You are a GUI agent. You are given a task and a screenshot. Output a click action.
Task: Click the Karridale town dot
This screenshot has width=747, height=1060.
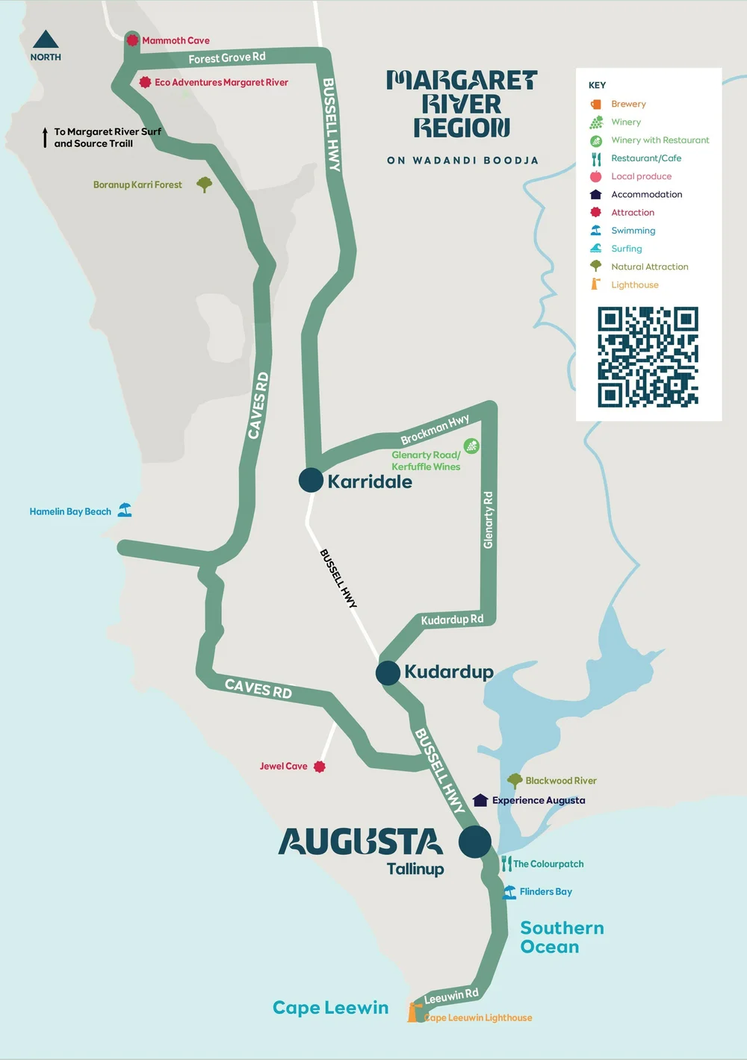click(x=311, y=480)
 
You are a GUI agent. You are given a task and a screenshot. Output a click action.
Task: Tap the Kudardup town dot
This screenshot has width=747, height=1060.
click(x=388, y=673)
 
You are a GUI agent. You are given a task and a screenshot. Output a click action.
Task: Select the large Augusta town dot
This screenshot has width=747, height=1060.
click(x=474, y=842)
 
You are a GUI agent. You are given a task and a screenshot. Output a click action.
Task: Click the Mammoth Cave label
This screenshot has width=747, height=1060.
click(x=176, y=41)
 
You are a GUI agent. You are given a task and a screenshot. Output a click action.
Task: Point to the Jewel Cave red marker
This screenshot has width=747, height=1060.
click(x=320, y=767)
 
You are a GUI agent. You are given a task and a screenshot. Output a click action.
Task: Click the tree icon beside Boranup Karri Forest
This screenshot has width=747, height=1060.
click(x=204, y=184)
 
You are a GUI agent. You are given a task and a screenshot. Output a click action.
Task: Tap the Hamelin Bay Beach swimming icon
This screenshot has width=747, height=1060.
click(x=125, y=511)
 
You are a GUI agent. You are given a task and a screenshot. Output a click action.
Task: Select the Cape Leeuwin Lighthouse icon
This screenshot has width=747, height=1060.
click(x=412, y=1011)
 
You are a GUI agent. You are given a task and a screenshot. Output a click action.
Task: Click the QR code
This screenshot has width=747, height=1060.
click(x=648, y=357)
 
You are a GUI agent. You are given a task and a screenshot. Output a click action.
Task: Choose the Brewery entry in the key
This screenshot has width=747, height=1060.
click(x=628, y=105)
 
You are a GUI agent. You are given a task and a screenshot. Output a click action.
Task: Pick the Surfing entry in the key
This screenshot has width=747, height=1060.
click(x=626, y=249)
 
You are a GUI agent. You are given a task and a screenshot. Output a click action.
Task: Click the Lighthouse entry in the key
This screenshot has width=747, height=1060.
click(x=634, y=285)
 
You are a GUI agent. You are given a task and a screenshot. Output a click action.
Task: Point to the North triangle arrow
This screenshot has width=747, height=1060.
click(x=46, y=40)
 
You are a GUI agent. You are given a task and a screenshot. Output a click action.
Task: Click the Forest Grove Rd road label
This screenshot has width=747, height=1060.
click(x=226, y=58)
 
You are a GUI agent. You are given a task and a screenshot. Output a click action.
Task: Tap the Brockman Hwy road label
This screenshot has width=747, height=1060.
click(x=435, y=429)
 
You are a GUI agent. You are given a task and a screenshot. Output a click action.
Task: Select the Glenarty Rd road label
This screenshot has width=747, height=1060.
click(x=489, y=520)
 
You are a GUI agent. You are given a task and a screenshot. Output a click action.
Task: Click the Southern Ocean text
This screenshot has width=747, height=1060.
click(x=561, y=938)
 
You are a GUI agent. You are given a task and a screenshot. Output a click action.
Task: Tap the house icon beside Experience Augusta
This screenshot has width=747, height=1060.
click(x=480, y=800)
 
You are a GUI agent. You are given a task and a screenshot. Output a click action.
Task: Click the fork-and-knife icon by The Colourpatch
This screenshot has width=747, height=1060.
click(x=506, y=864)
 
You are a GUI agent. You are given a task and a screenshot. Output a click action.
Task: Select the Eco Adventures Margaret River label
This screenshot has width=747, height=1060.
click(x=221, y=83)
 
